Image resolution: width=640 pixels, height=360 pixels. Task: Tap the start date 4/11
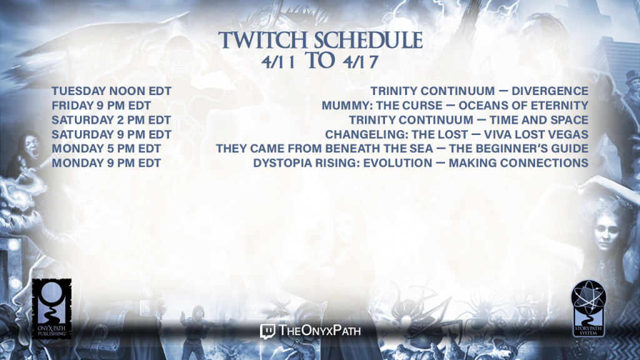pos(278,62)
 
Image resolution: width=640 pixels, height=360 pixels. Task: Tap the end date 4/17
pos(361,62)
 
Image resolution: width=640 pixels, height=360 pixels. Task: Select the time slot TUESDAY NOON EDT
pos(111,91)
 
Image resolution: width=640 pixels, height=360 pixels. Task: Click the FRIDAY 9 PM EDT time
pos(101,106)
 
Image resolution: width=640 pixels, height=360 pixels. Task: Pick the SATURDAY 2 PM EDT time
pos(111,120)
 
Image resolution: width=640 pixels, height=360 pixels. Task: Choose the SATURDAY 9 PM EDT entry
pos(111,134)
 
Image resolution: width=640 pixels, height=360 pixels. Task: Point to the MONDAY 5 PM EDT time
pos(106,149)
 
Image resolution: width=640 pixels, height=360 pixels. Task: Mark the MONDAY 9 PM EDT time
pos(106,163)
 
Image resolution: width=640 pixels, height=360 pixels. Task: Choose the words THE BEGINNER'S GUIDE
pos(519,149)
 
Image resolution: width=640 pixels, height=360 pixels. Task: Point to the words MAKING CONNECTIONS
pos(518,163)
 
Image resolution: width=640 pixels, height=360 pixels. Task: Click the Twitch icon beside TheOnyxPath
pos(267,331)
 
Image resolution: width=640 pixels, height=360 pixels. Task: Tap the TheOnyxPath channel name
pos(319,330)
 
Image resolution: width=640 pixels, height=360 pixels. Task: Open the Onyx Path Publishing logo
pos(52,309)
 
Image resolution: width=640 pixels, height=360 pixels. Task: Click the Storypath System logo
pos(588,308)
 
